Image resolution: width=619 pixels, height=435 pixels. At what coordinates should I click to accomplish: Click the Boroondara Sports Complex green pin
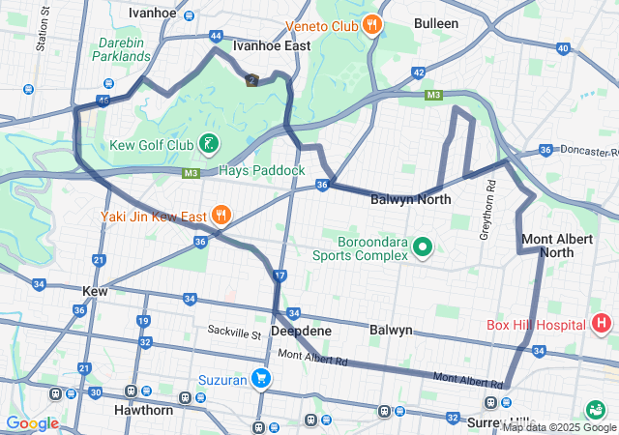(x=422, y=247)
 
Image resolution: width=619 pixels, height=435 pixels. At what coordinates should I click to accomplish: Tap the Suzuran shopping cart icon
(x=260, y=378)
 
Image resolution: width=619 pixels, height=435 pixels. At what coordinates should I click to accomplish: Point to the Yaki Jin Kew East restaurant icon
(x=221, y=215)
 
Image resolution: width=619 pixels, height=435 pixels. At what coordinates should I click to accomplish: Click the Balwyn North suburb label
(x=411, y=200)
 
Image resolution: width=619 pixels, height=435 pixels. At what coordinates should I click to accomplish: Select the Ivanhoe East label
(x=272, y=45)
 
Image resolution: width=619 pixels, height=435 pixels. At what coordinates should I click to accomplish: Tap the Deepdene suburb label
(x=301, y=331)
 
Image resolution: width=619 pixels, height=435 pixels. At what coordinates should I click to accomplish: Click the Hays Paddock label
(x=261, y=170)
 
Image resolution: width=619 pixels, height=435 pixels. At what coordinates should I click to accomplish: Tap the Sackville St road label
(x=234, y=331)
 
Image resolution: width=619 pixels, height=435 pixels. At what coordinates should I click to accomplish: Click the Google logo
(x=32, y=422)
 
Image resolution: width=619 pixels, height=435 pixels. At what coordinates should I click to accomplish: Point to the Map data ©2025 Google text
(x=559, y=427)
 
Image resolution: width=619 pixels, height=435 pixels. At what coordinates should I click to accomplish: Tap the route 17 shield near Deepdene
(x=280, y=276)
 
